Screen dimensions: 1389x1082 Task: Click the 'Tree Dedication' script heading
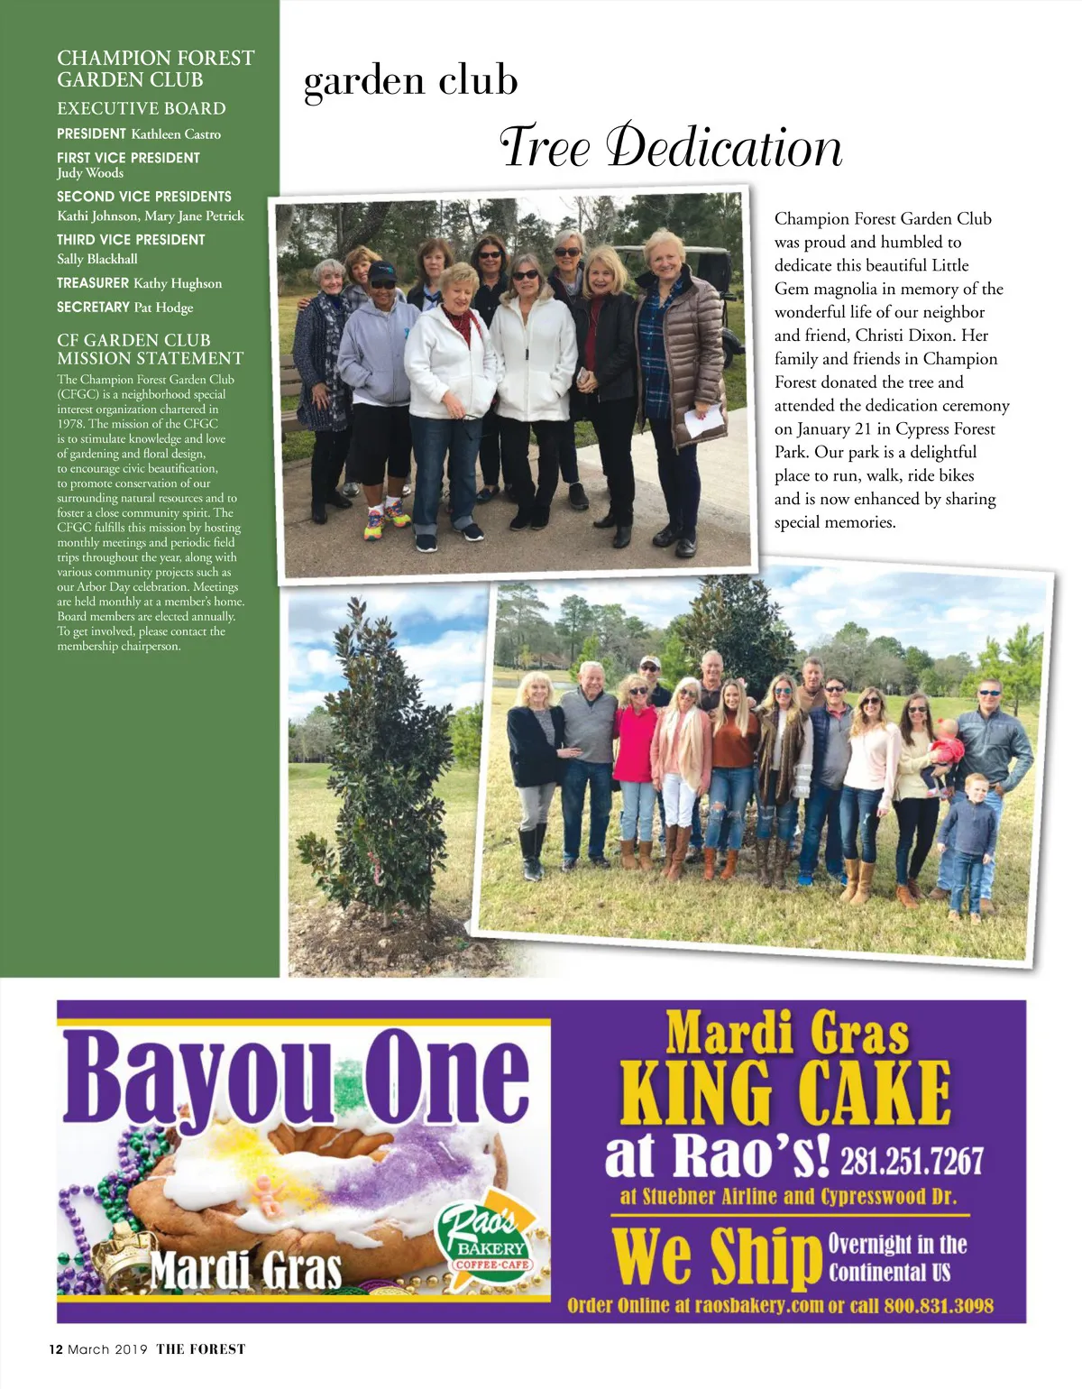tap(671, 147)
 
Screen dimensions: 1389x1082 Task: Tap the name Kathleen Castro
tap(176, 134)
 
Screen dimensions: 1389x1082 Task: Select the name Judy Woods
tap(90, 173)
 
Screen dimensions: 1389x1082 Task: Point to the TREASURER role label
tap(93, 283)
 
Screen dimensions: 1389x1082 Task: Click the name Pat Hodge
tap(163, 308)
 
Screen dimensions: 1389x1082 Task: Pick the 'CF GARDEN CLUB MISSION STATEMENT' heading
tap(150, 349)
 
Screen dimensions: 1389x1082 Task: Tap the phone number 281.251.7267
tap(912, 1162)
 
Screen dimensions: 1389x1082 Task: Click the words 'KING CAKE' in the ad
tap(785, 1092)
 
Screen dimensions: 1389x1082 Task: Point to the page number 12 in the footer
tap(56, 1349)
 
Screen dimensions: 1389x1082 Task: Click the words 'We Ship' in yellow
tap(714, 1256)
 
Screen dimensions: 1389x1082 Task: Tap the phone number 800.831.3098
tap(939, 1305)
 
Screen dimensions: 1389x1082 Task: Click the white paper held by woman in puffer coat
tap(703, 420)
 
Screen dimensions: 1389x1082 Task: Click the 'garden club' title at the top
tap(411, 81)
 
